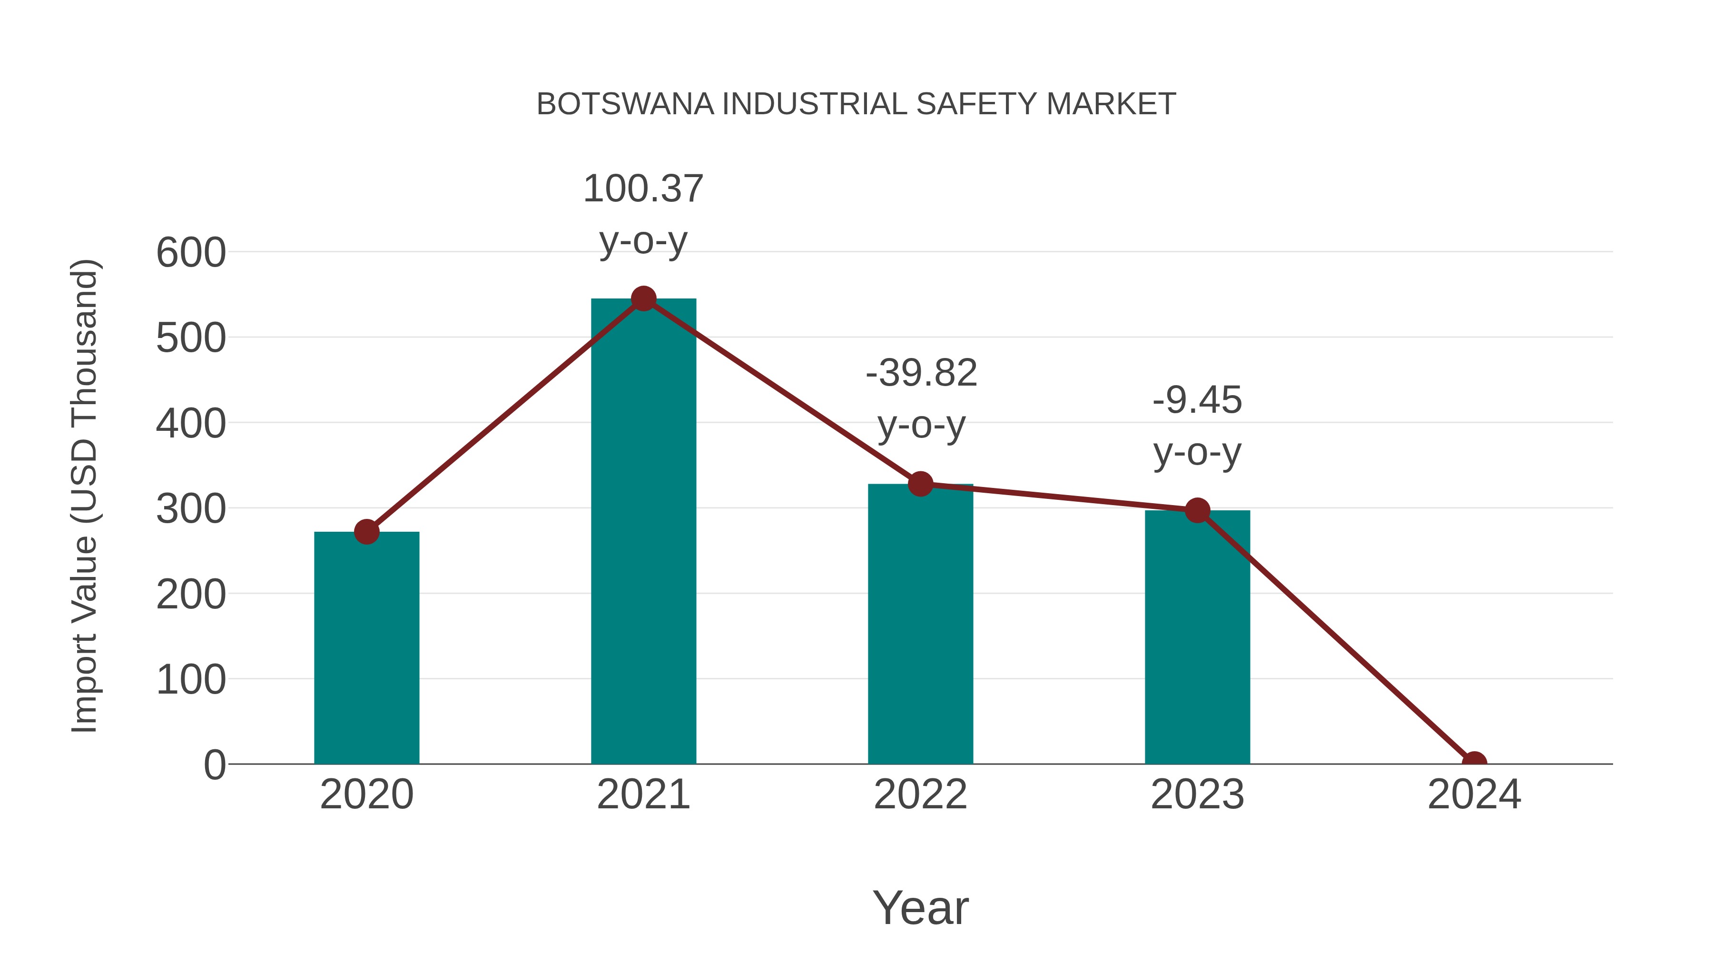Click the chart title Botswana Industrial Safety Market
[856, 104]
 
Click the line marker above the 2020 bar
[366, 532]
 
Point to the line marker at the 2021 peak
[643, 298]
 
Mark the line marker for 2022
[920, 484]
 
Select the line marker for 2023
[1197, 510]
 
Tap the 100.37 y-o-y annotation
[643, 214]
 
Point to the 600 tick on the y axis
[191, 253]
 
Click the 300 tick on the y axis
[191, 509]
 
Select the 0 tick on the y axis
[215, 765]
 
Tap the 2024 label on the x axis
[1474, 795]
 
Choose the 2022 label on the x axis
[920, 795]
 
